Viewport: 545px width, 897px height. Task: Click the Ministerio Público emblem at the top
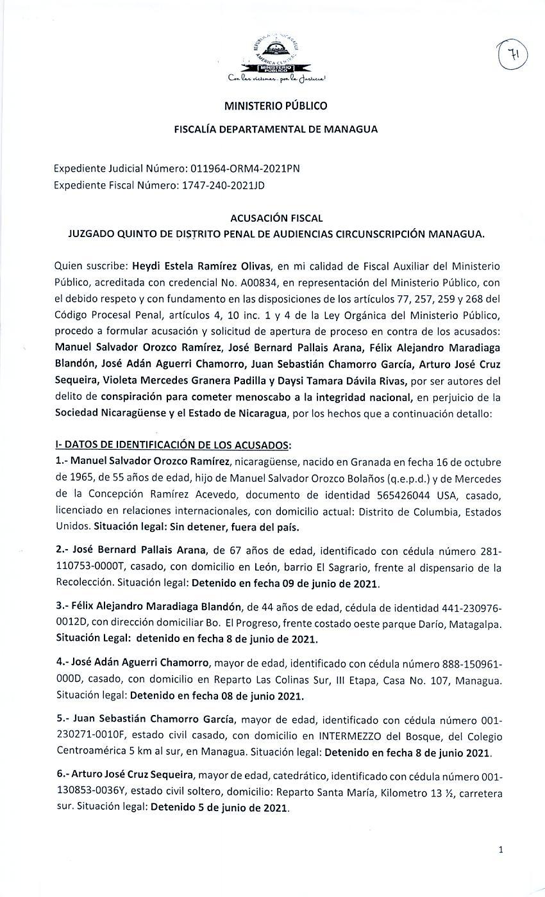[276, 58]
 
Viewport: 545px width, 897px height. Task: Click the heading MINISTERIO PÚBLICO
[276, 106]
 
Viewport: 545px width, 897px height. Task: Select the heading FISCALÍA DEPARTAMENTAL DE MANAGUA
[276, 129]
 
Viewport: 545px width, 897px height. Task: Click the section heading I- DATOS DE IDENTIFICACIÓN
[172, 445]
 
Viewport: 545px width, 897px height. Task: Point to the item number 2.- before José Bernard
[62, 550]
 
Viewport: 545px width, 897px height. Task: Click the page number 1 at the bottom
[501, 850]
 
